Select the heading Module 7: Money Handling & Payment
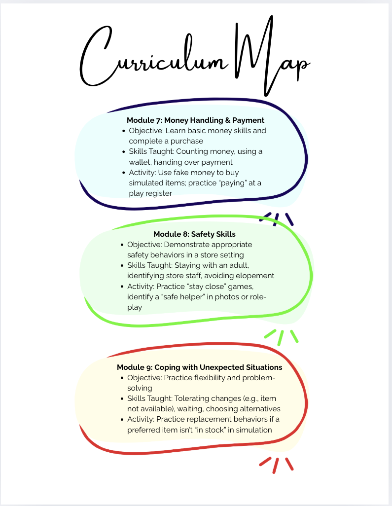[196, 120]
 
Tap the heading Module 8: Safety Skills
[194, 234]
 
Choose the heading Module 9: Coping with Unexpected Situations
[199, 367]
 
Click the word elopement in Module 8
[252, 276]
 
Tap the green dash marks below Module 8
[281, 336]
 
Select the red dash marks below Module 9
[277, 464]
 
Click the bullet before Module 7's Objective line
[123, 131]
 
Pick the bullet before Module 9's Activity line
[122, 420]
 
